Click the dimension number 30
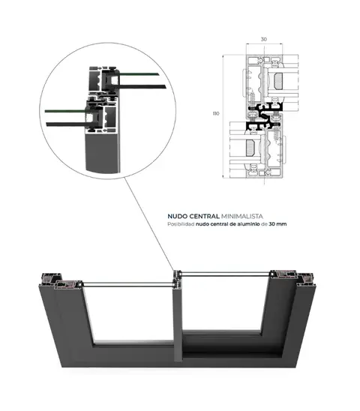pos(264,39)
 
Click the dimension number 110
pos(216,113)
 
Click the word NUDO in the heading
pos(178,216)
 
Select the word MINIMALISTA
pos(242,216)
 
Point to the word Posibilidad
pos(181,224)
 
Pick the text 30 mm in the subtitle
pos(277,224)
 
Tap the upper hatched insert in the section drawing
pos(278,80)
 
